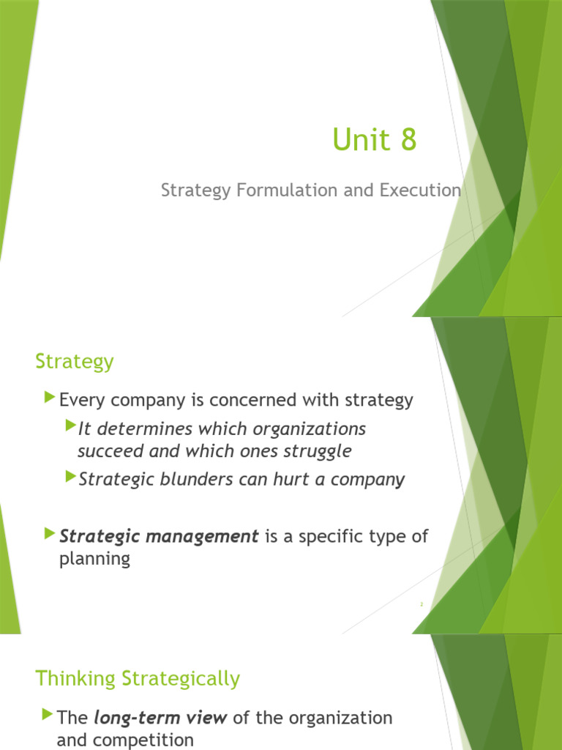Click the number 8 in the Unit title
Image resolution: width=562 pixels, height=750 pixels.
(x=408, y=140)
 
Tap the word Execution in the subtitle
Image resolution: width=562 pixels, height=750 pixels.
(x=420, y=190)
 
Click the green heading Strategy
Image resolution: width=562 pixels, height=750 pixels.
(x=75, y=362)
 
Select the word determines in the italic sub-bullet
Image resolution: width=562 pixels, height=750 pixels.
(x=130, y=428)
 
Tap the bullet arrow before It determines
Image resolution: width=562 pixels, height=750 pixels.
(x=70, y=426)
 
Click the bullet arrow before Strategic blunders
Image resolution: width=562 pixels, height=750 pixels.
(x=70, y=477)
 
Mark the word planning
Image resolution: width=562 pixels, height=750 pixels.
(x=94, y=560)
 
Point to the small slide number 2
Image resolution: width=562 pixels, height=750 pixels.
(x=421, y=604)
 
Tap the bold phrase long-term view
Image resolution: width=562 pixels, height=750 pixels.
(x=160, y=718)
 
